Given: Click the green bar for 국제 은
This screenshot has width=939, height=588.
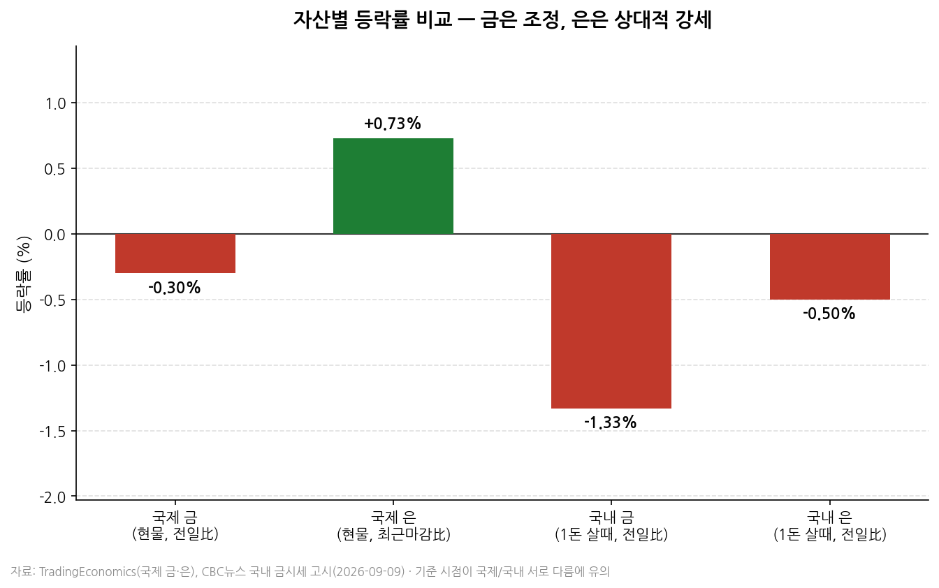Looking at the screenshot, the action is [x=393, y=186].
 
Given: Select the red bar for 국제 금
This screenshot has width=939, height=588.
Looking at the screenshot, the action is [x=175, y=253].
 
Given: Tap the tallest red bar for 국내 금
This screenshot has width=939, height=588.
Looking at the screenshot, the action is [x=611, y=321].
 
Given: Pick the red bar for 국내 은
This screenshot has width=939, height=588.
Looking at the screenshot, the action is [x=830, y=267].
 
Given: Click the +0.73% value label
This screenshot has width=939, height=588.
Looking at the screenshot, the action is [x=393, y=124].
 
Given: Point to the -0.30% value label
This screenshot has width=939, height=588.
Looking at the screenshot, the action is [x=175, y=288].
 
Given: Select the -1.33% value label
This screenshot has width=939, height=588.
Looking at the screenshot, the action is [x=611, y=422].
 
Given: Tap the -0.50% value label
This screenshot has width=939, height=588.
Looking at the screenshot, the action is [x=829, y=314].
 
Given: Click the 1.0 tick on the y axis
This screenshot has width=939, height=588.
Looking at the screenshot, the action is [x=56, y=103].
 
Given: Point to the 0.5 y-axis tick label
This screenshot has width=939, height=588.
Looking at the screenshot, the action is [x=56, y=169].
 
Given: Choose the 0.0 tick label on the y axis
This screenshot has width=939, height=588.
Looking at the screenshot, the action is [x=56, y=235].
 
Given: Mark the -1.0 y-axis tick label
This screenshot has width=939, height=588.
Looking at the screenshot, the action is [x=53, y=367].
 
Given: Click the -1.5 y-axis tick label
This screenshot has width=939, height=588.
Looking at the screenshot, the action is [x=53, y=432].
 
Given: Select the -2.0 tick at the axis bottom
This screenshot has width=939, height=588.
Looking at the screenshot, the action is [x=53, y=497].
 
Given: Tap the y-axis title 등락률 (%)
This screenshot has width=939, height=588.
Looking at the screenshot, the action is [x=24, y=274].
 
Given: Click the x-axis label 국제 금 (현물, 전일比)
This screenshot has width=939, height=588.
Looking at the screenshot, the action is [x=175, y=526].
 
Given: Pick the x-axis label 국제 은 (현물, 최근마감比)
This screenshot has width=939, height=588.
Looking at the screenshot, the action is [x=393, y=526].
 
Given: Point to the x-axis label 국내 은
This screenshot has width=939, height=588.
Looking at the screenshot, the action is [x=829, y=518].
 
